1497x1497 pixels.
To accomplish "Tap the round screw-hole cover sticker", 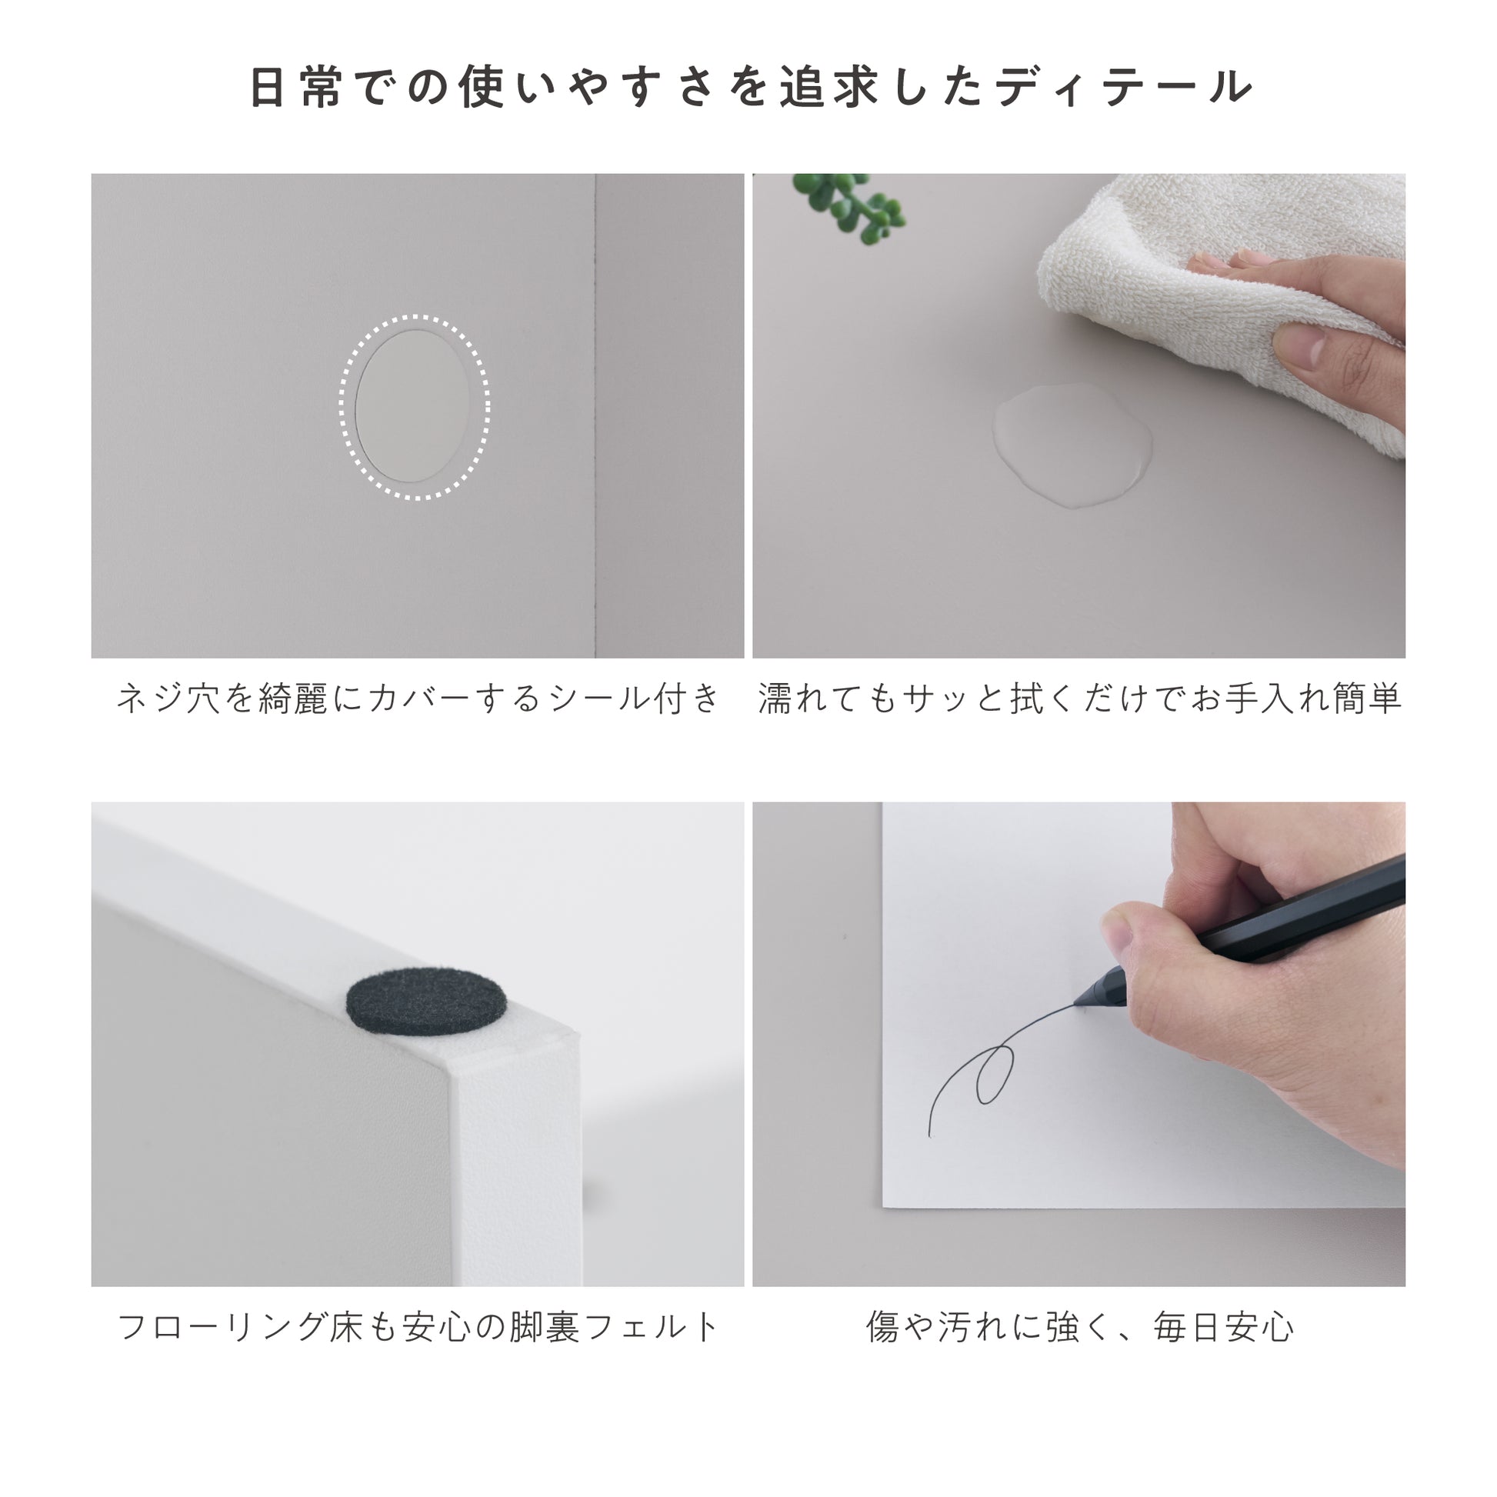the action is (412, 406).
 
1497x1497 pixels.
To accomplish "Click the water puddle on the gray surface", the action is (1072, 445).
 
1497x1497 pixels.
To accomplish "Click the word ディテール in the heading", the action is (1125, 87).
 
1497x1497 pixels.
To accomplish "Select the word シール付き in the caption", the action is (635, 698).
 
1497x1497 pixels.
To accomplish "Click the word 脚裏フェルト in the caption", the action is (615, 1327).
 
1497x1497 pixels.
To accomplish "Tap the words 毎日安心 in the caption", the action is (1223, 1327).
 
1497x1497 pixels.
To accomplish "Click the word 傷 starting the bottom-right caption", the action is (883, 1327).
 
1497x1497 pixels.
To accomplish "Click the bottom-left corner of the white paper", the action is (883, 1206).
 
